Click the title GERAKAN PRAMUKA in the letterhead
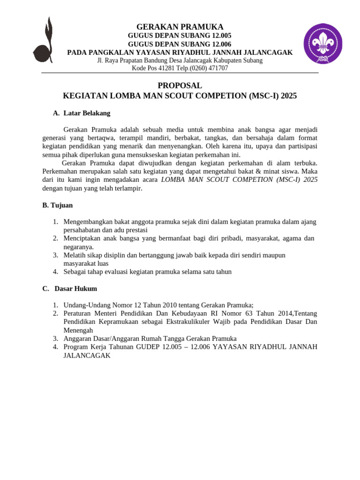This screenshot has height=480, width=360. click(x=180, y=27)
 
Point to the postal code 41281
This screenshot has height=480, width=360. click(x=169, y=68)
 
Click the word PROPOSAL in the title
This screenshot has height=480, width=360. click(x=180, y=86)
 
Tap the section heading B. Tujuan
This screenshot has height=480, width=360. click(x=58, y=205)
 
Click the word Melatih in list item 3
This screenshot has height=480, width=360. click(x=74, y=255)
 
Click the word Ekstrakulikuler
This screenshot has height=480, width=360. click(x=176, y=322)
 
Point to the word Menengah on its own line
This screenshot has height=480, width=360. click(x=78, y=330)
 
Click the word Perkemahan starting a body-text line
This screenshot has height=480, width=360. click(x=60, y=172)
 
